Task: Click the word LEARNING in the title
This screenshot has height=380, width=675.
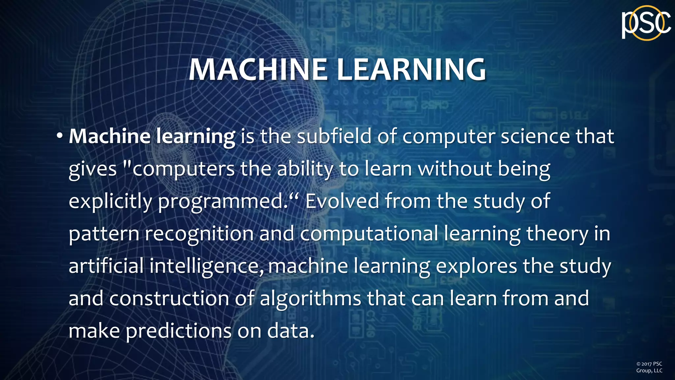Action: pos(411,70)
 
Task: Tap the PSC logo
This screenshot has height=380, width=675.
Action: pos(646,23)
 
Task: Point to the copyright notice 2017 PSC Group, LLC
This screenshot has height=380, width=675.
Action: pos(649,367)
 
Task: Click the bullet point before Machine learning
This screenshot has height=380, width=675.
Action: pos(59,136)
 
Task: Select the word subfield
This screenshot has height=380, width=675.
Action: pos(334,136)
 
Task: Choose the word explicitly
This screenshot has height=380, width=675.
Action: pos(110,201)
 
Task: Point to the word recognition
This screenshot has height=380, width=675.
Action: pos(199,234)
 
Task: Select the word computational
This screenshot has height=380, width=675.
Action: pos(369,234)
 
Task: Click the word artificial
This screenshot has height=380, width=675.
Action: pos(106,266)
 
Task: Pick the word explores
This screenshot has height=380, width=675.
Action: pos(477,267)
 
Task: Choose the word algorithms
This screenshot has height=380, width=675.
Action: pos(310,299)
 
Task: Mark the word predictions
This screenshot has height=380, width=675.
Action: pos(179,331)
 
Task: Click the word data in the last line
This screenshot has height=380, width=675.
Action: pos(290,331)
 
